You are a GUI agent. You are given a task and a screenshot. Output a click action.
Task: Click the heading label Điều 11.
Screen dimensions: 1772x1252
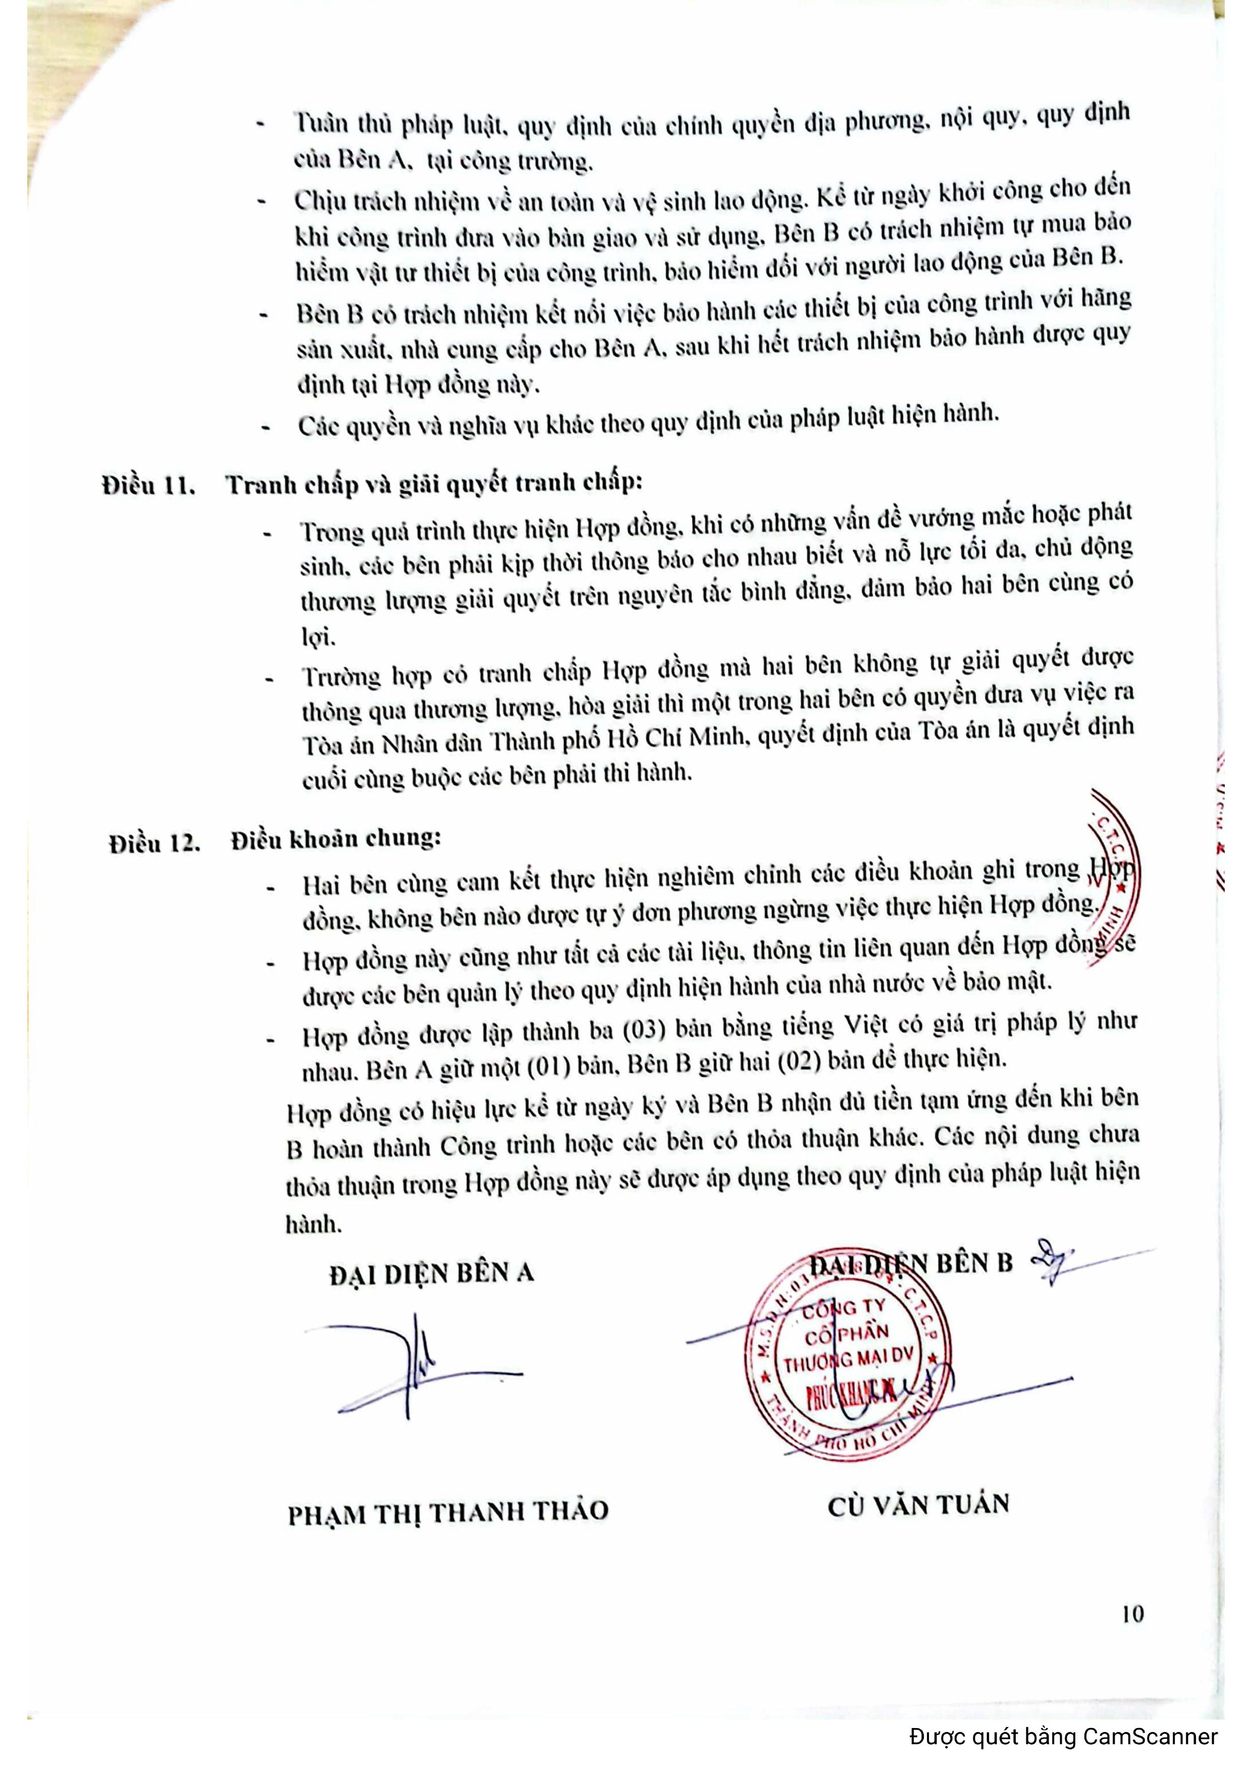click(148, 486)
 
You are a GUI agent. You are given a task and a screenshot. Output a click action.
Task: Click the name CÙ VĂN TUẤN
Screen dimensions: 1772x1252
click(918, 1505)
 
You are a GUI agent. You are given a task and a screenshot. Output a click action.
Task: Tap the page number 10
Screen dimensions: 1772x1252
click(1132, 1614)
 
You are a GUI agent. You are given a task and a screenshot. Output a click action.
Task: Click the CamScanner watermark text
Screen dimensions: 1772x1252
click(1063, 1737)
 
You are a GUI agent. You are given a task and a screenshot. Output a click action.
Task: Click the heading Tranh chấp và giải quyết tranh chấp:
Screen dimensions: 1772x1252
click(434, 483)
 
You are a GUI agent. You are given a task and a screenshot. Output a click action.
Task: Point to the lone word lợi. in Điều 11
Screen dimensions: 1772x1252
click(318, 637)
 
